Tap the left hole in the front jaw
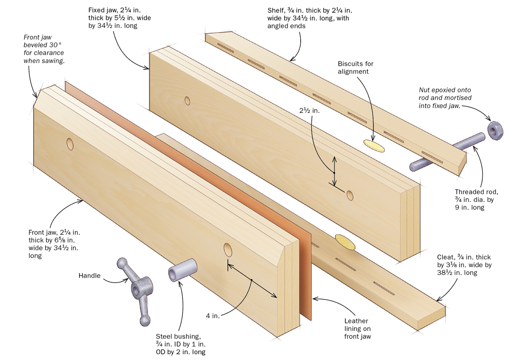coord(70,143)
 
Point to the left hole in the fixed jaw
coord(188,101)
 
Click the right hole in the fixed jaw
coord(350,194)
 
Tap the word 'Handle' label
coord(90,276)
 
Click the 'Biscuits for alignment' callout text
coord(356,68)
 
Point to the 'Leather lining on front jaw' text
coord(356,329)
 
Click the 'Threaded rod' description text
coord(477,199)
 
